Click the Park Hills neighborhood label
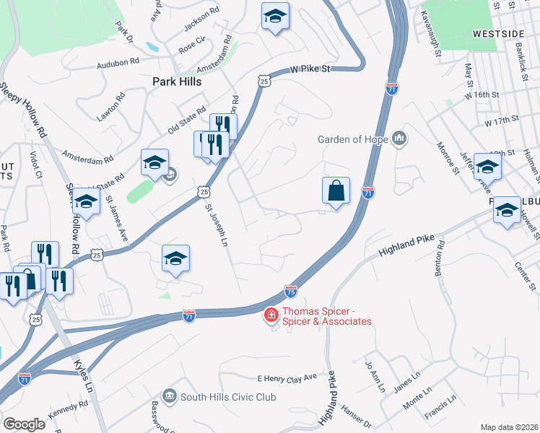[176, 82]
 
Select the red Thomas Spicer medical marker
[270, 315]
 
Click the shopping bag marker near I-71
[336, 191]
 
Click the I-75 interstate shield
[290, 291]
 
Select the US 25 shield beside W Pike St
[265, 82]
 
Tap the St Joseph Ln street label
[217, 227]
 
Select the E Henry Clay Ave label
[287, 377]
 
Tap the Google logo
[25, 424]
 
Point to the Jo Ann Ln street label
[375, 377]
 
